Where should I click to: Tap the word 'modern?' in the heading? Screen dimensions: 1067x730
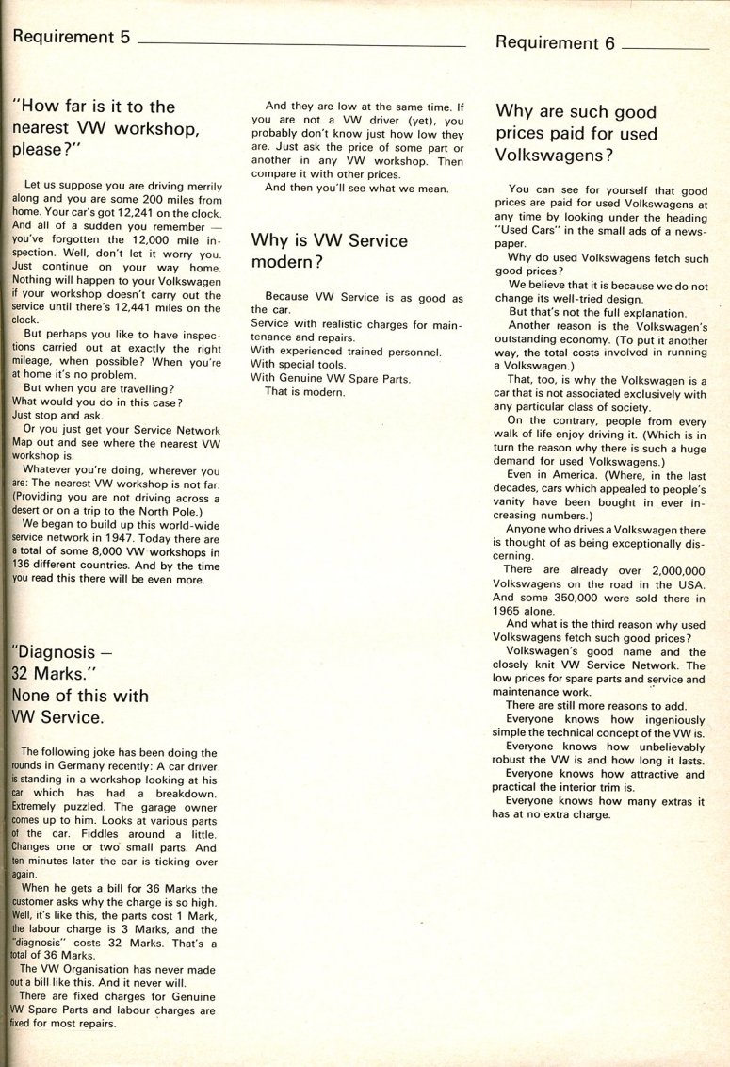click(x=286, y=262)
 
